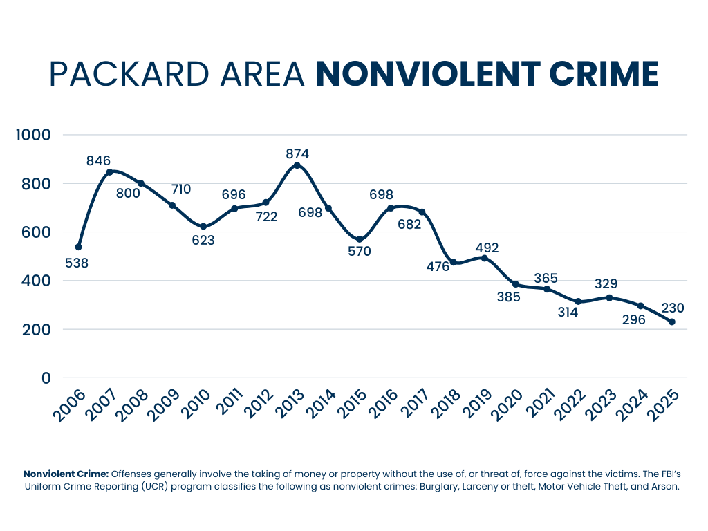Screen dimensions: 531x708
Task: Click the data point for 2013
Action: click(297, 165)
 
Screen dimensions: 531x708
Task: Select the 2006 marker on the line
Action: click(79, 247)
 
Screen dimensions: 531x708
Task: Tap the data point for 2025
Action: click(671, 322)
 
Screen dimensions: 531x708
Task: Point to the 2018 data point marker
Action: click(453, 262)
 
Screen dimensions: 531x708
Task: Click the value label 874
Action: click(297, 153)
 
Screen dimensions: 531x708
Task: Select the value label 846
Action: click(98, 161)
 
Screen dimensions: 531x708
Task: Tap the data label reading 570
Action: click(360, 252)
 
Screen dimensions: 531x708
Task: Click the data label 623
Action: click(203, 241)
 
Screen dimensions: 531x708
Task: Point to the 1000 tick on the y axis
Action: click(33, 135)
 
